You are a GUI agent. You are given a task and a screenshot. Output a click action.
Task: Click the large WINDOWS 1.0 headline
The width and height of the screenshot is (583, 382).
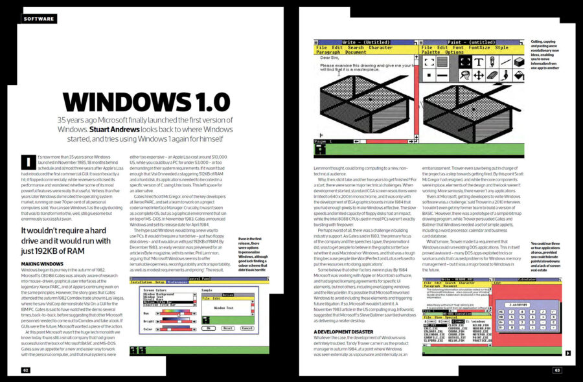point(146,102)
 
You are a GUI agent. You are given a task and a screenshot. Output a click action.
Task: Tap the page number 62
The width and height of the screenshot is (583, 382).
point(25,370)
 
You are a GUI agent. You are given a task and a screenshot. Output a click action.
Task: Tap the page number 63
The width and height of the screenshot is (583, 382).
point(556,370)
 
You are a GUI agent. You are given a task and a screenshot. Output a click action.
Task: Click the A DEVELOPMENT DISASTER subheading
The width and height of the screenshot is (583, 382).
point(336,332)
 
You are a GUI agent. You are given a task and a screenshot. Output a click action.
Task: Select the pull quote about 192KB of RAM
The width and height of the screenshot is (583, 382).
point(71,241)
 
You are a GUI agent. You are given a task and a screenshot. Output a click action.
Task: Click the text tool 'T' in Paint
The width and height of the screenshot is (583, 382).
point(477,62)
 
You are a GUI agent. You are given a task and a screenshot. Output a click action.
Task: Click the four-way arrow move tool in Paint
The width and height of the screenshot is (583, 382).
point(461,75)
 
